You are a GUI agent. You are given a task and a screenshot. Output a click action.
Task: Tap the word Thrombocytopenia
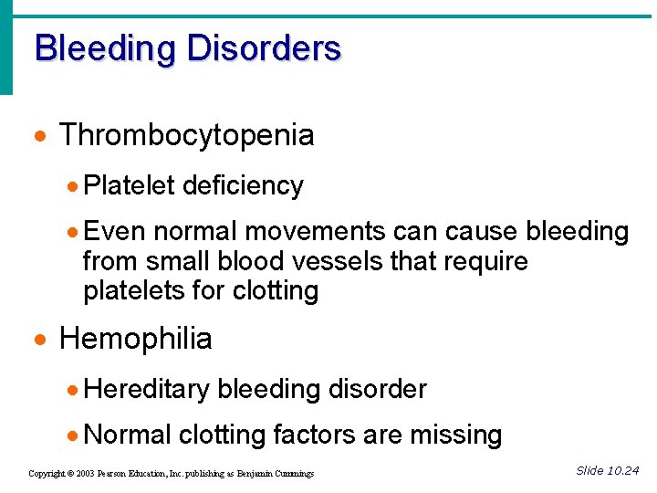point(186,136)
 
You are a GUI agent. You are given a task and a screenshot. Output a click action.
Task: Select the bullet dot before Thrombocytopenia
point(39,137)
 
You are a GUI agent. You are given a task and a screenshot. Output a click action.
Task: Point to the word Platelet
point(129,185)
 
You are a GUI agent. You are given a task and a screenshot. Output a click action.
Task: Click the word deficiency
point(243,185)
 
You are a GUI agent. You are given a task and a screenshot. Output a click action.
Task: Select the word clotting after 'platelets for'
point(276,291)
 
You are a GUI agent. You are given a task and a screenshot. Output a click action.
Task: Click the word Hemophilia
point(135,339)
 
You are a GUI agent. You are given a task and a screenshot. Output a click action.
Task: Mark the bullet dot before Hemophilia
point(39,341)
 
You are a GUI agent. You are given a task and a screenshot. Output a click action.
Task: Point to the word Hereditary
point(146,390)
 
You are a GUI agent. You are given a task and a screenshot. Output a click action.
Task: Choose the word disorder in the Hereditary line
point(377,390)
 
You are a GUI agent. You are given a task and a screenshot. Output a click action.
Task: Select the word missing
point(455,435)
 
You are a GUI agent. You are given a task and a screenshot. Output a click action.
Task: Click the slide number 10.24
point(623,470)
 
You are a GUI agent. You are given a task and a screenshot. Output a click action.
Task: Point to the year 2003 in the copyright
point(84,474)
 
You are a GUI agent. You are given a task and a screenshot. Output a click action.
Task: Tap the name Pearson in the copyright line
point(116,474)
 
